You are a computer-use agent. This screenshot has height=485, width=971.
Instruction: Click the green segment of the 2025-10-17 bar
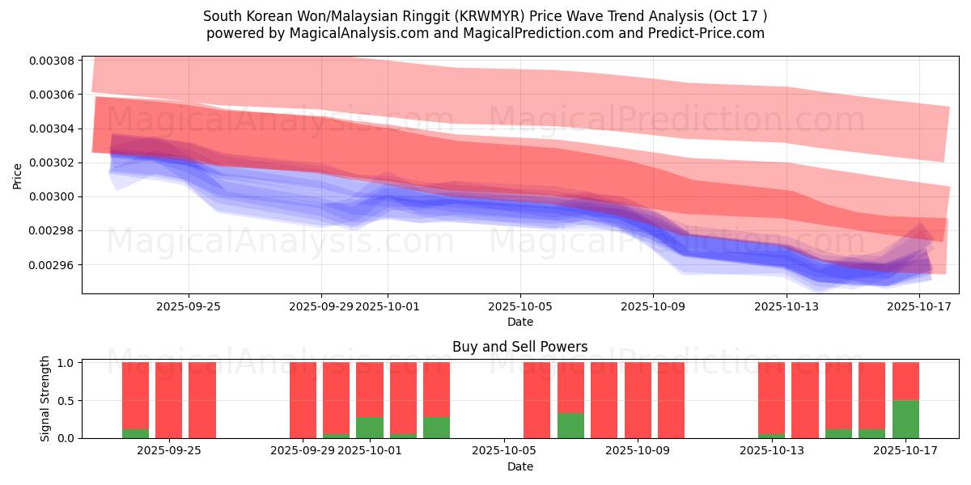[905, 419]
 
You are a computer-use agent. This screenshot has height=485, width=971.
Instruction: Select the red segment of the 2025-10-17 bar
[905, 381]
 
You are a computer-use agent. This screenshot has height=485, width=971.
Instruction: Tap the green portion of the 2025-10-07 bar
[570, 425]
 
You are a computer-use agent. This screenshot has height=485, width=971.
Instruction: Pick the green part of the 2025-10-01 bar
[370, 427]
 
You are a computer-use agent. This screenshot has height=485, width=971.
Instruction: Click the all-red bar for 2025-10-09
[671, 400]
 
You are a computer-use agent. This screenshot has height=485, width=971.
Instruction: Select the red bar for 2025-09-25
[202, 400]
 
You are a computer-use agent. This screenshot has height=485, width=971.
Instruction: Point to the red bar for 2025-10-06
[536, 400]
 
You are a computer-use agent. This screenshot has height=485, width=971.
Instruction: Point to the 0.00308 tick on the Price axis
[53, 61]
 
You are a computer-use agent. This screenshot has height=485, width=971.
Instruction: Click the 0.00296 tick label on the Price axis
[53, 265]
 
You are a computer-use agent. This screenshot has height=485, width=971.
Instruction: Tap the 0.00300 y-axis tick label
[53, 197]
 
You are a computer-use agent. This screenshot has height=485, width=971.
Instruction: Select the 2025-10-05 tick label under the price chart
[520, 306]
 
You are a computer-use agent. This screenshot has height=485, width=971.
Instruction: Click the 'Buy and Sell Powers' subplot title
[520, 347]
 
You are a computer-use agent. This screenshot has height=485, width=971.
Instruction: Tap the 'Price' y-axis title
[18, 175]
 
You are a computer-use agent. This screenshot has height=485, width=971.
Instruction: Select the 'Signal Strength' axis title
[45, 399]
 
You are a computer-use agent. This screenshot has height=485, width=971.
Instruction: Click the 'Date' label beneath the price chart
[520, 322]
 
